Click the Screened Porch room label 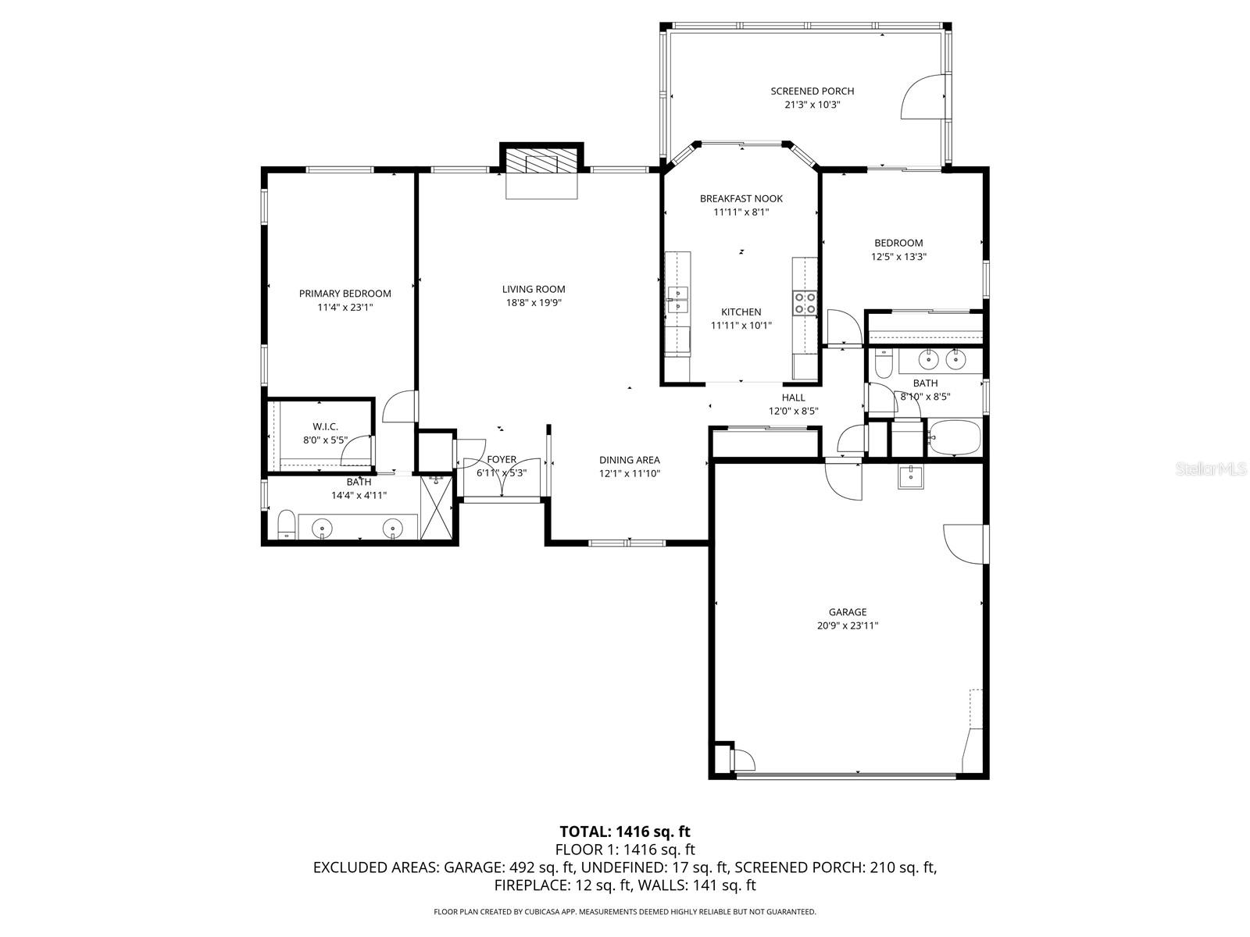click(x=812, y=91)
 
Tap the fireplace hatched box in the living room click(x=541, y=162)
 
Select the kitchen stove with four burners click(x=805, y=302)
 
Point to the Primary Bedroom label click(x=345, y=294)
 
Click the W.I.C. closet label click(x=325, y=426)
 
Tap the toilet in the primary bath click(x=286, y=524)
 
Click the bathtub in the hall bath click(x=952, y=438)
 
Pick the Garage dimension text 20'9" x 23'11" click(x=847, y=625)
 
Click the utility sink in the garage click(x=909, y=476)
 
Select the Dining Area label click(x=629, y=460)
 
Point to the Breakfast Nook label click(x=741, y=198)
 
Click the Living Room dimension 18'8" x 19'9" click(x=533, y=303)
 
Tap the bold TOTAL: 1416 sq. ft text click(x=624, y=832)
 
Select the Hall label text click(x=793, y=397)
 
